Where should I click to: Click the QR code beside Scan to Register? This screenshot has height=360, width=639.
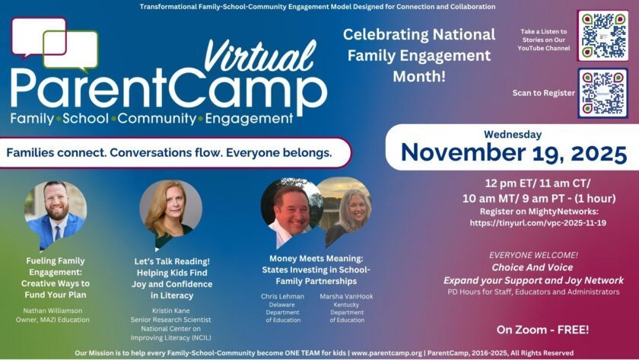602,94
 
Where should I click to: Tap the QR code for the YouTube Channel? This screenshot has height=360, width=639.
602,36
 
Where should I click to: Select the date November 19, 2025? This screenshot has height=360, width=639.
513,153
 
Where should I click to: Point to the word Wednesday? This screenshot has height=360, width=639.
513,134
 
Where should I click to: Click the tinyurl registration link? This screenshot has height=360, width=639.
538,223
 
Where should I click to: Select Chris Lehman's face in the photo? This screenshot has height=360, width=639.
291,207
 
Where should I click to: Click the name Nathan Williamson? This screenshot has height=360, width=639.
52,311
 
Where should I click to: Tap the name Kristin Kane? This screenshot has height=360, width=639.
170,311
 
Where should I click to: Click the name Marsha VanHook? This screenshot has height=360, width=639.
346,296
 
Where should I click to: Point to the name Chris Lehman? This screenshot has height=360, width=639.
282,296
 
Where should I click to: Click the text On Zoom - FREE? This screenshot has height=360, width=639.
542,330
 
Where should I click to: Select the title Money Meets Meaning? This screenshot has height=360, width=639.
316,259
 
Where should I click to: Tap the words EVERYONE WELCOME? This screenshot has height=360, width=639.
533,255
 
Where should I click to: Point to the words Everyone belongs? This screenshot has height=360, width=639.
278,153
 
